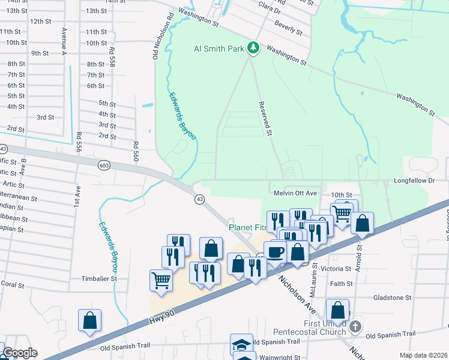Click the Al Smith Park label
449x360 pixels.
(x=218, y=48)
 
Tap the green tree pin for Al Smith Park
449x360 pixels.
(x=253, y=47)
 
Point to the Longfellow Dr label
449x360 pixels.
(x=414, y=180)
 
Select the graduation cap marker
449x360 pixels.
(x=241, y=344)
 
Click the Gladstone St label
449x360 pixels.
(x=391, y=298)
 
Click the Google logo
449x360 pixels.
(x=20, y=353)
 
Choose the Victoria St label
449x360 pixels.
(x=336, y=269)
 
